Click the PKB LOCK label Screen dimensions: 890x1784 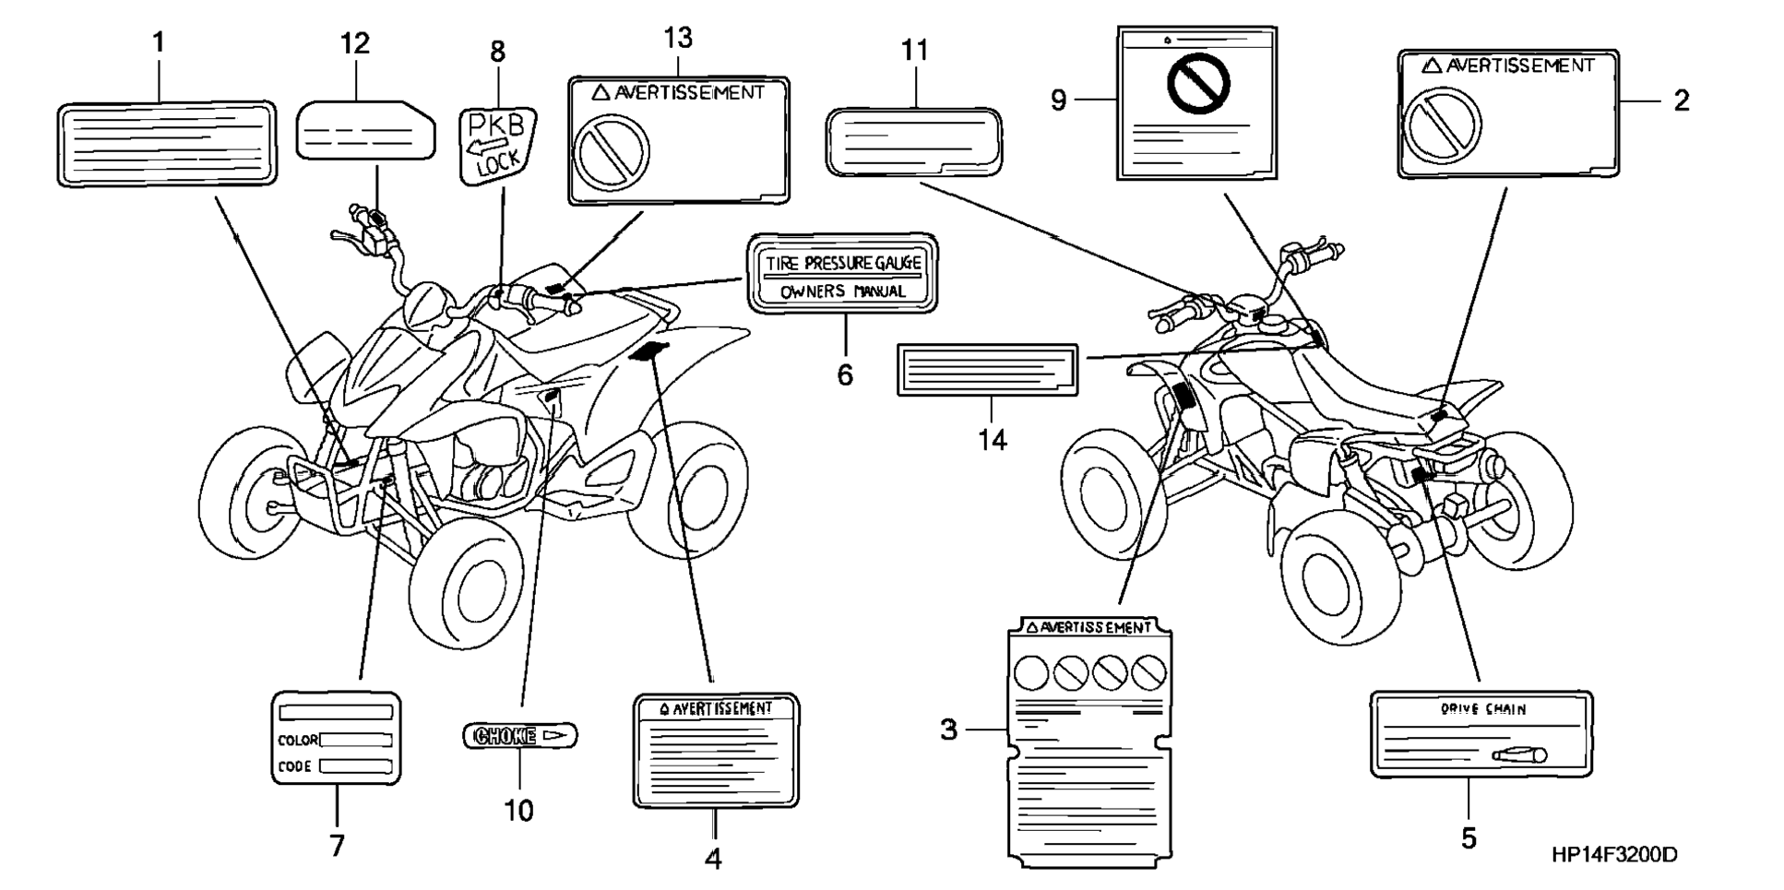point(497,143)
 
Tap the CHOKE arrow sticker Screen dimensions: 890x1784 point(519,735)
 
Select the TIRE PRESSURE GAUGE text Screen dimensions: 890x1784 point(843,263)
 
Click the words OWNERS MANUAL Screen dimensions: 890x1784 point(843,291)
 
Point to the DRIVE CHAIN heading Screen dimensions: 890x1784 point(1483,709)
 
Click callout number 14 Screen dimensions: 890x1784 point(993,440)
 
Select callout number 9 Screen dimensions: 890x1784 point(1058,100)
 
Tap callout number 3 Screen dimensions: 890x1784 point(949,730)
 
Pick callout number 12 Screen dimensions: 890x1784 point(354,43)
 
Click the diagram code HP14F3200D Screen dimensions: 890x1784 point(1614,855)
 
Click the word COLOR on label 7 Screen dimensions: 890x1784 point(297,740)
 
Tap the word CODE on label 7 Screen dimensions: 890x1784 point(295,766)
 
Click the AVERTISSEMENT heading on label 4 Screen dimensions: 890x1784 point(717,708)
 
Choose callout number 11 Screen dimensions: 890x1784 point(914,51)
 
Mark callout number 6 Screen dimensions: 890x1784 point(845,374)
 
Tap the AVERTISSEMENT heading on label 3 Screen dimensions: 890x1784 point(1089,628)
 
